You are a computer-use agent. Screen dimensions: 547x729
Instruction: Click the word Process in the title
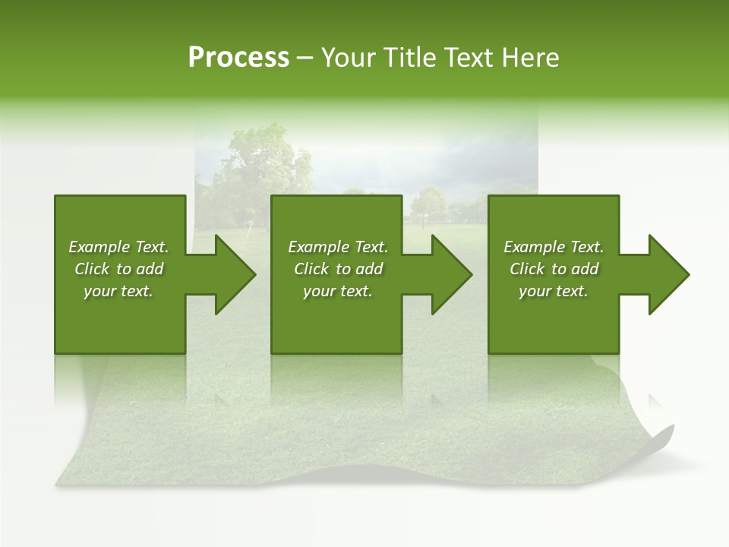click(238, 58)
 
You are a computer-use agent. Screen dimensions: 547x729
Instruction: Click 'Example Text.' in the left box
click(118, 247)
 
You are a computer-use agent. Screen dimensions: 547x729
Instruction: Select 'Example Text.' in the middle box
click(338, 247)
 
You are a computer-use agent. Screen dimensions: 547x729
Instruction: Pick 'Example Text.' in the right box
click(554, 247)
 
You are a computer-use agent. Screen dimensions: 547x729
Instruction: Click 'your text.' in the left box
click(118, 291)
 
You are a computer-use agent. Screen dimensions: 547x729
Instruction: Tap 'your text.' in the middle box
click(338, 291)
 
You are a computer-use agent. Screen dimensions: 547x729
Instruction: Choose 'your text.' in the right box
click(554, 291)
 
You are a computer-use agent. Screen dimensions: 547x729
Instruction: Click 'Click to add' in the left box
click(118, 269)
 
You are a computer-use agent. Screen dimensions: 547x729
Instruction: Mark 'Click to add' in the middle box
click(338, 269)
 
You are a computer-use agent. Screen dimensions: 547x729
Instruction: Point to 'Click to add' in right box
click(554, 269)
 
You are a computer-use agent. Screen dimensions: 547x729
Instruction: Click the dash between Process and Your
click(305, 58)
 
